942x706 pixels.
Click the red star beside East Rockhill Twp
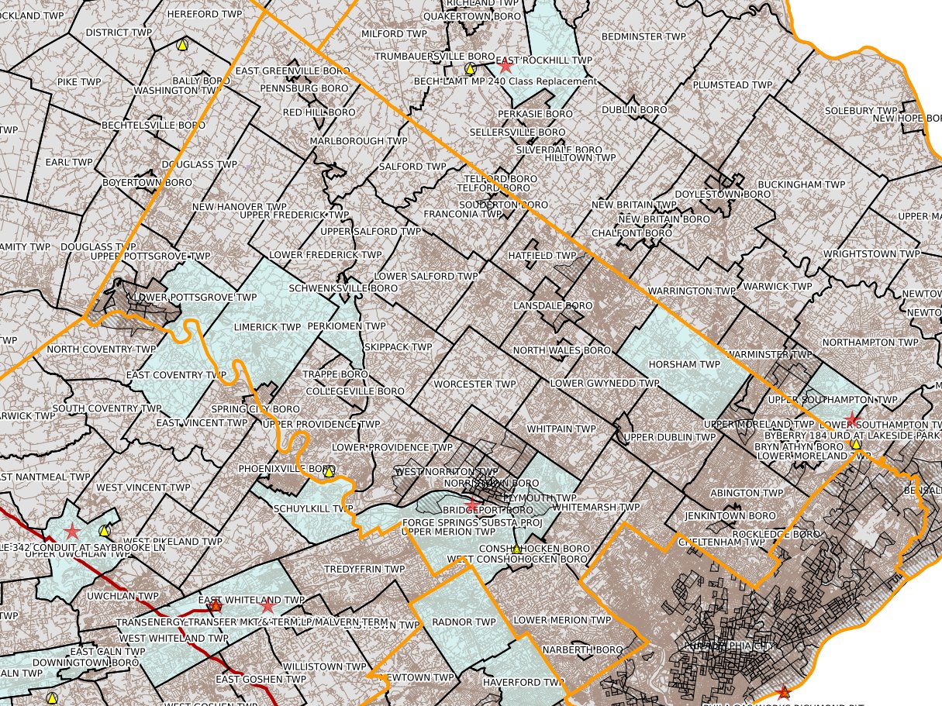click(x=506, y=66)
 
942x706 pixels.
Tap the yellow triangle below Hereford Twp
click(x=182, y=45)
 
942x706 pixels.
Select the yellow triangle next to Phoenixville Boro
click(x=329, y=470)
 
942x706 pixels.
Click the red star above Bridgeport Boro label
click(x=471, y=505)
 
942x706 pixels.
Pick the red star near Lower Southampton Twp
click(x=852, y=419)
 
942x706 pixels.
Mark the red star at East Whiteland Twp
click(x=268, y=605)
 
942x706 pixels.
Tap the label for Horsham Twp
click(x=674, y=364)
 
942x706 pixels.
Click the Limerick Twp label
click(x=267, y=327)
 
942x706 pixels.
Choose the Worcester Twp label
click(x=474, y=384)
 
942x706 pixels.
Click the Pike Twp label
click(x=79, y=81)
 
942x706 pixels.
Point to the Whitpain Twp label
click(x=561, y=429)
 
